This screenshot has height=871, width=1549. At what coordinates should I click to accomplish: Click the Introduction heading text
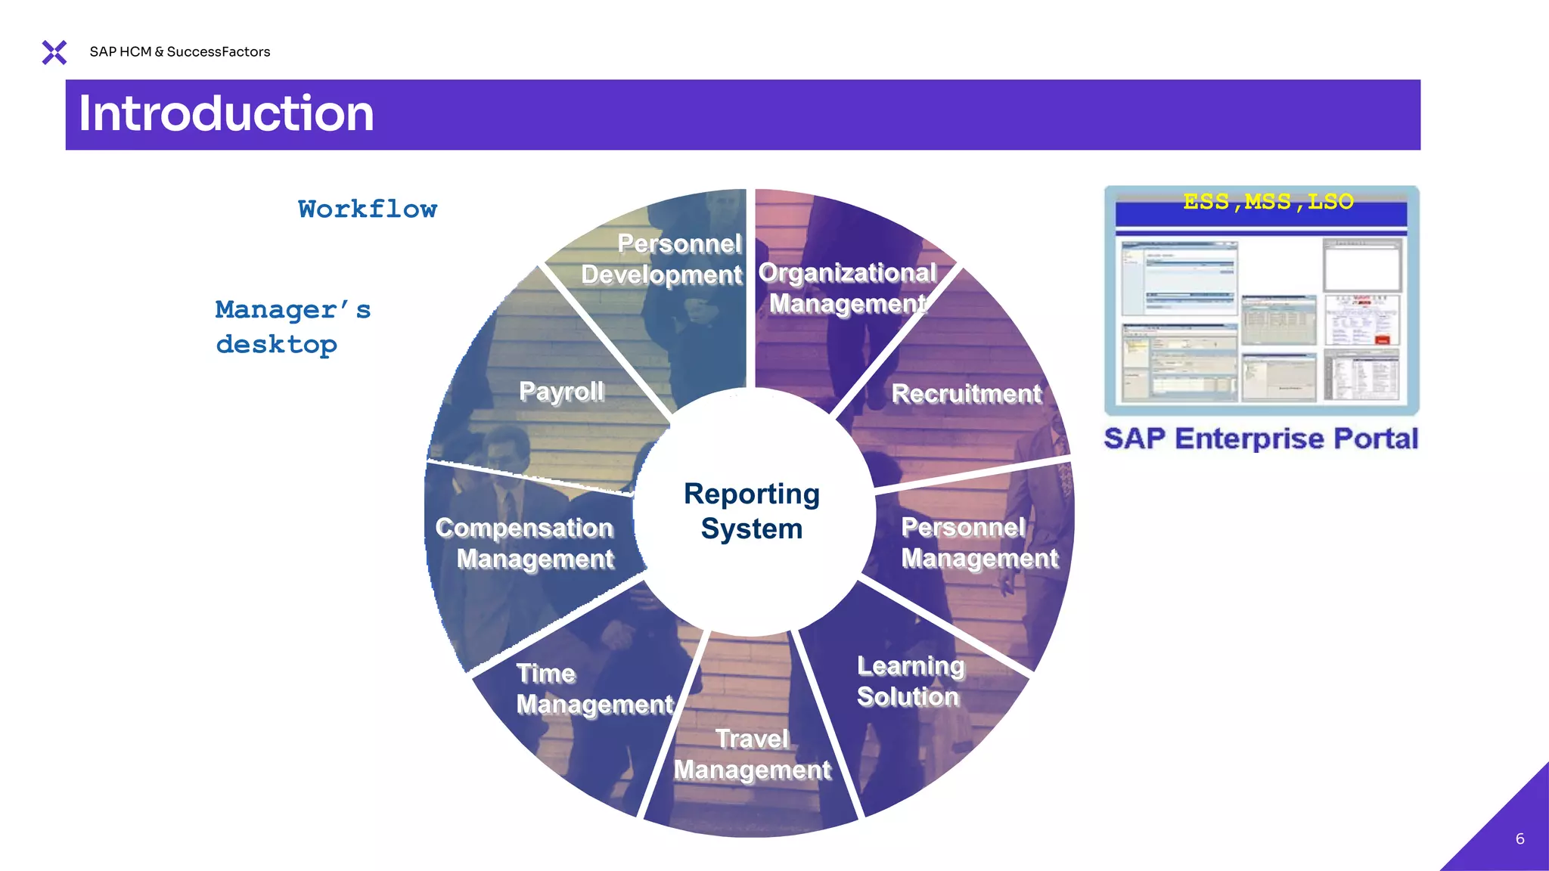(226, 114)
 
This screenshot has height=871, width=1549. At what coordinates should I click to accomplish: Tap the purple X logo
(54, 52)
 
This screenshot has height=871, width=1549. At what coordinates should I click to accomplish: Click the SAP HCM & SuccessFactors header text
(179, 51)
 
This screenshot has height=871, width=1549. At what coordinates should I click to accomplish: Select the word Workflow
(368, 209)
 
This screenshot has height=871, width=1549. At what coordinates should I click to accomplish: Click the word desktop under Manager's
(276, 345)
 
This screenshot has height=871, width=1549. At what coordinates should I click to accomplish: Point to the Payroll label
(561, 391)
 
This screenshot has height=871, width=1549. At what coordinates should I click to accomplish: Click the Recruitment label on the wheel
(966, 394)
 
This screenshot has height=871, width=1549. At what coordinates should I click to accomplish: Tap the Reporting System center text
(751, 511)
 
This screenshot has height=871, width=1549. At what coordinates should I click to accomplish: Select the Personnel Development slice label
(663, 259)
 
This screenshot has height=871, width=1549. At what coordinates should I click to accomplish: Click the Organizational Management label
(847, 288)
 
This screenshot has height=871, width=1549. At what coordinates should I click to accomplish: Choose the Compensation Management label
(525, 543)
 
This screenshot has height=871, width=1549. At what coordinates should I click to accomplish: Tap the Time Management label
(594, 689)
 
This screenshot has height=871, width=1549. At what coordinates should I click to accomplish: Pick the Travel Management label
(752, 754)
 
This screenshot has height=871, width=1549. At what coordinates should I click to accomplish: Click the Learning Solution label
(910, 681)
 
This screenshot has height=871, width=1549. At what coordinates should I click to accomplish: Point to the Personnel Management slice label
(979, 542)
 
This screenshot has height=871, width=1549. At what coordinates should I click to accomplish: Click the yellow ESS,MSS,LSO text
(1268, 202)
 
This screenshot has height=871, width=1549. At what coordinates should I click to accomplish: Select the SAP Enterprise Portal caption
(1261, 439)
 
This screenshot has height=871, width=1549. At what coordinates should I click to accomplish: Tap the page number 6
(1520, 838)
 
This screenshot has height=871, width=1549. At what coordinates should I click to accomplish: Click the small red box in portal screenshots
(1382, 339)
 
